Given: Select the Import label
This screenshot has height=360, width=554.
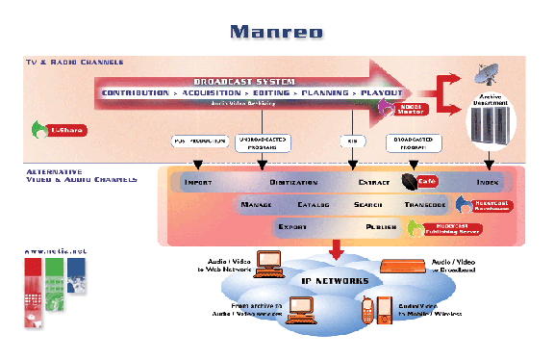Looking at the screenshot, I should [198, 181].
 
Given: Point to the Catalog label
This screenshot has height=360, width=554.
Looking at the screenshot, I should [313, 205].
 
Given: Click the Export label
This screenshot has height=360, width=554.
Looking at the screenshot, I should [292, 228].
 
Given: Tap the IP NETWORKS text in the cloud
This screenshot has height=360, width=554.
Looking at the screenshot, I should [336, 281].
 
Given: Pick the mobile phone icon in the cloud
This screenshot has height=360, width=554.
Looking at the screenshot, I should [367, 310].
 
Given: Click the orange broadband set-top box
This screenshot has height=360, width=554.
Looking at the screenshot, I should [404, 267].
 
